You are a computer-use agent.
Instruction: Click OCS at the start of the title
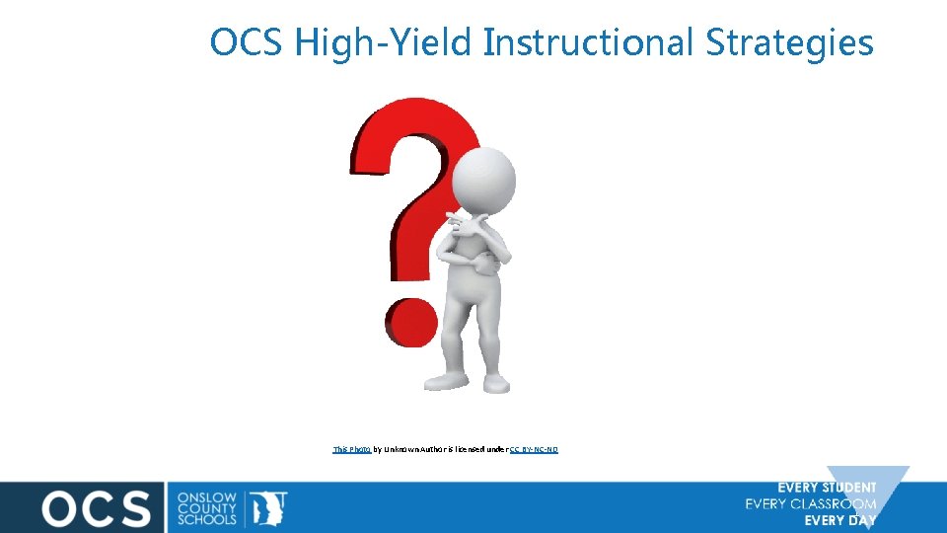(x=247, y=42)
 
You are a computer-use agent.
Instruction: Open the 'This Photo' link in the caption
(x=352, y=449)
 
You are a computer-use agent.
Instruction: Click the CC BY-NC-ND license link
(x=534, y=449)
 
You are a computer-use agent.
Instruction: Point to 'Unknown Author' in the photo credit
(x=413, y=449)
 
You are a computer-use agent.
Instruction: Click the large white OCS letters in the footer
(x=96, y=507)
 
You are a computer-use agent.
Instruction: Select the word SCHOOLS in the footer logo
(x=206, y=519)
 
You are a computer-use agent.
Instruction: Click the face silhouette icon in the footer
(x=268, y=506)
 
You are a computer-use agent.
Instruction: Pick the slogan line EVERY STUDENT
(x=827, y=488)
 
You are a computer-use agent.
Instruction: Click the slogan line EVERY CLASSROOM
(x=811, y=504)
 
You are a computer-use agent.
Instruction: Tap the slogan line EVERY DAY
(x=839, y=520)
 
